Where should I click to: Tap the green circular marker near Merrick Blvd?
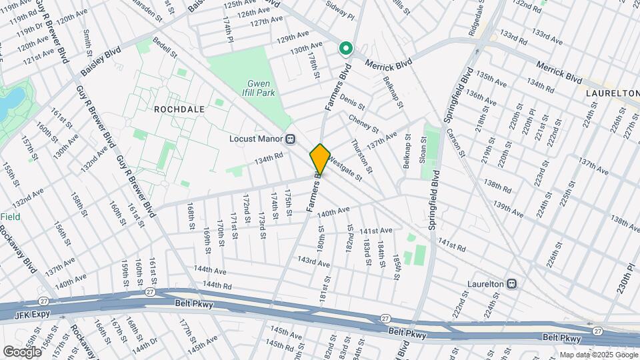pyautogui.click(x=346, y=48)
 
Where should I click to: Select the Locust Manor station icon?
pyautogui.click(x=291, y=139)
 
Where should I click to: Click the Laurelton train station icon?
pyautogui.click(x=511, y=283)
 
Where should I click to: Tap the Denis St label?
pyautogui.click(x=352, y=102)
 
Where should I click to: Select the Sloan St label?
pyautogui.click(x=423, y=151)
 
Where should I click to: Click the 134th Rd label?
pyautogui.click(x=269, y=159)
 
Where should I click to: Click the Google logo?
pyautogui.click(x=22, y=351)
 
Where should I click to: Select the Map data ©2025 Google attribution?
pyautogui.click(x=597, y=355)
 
